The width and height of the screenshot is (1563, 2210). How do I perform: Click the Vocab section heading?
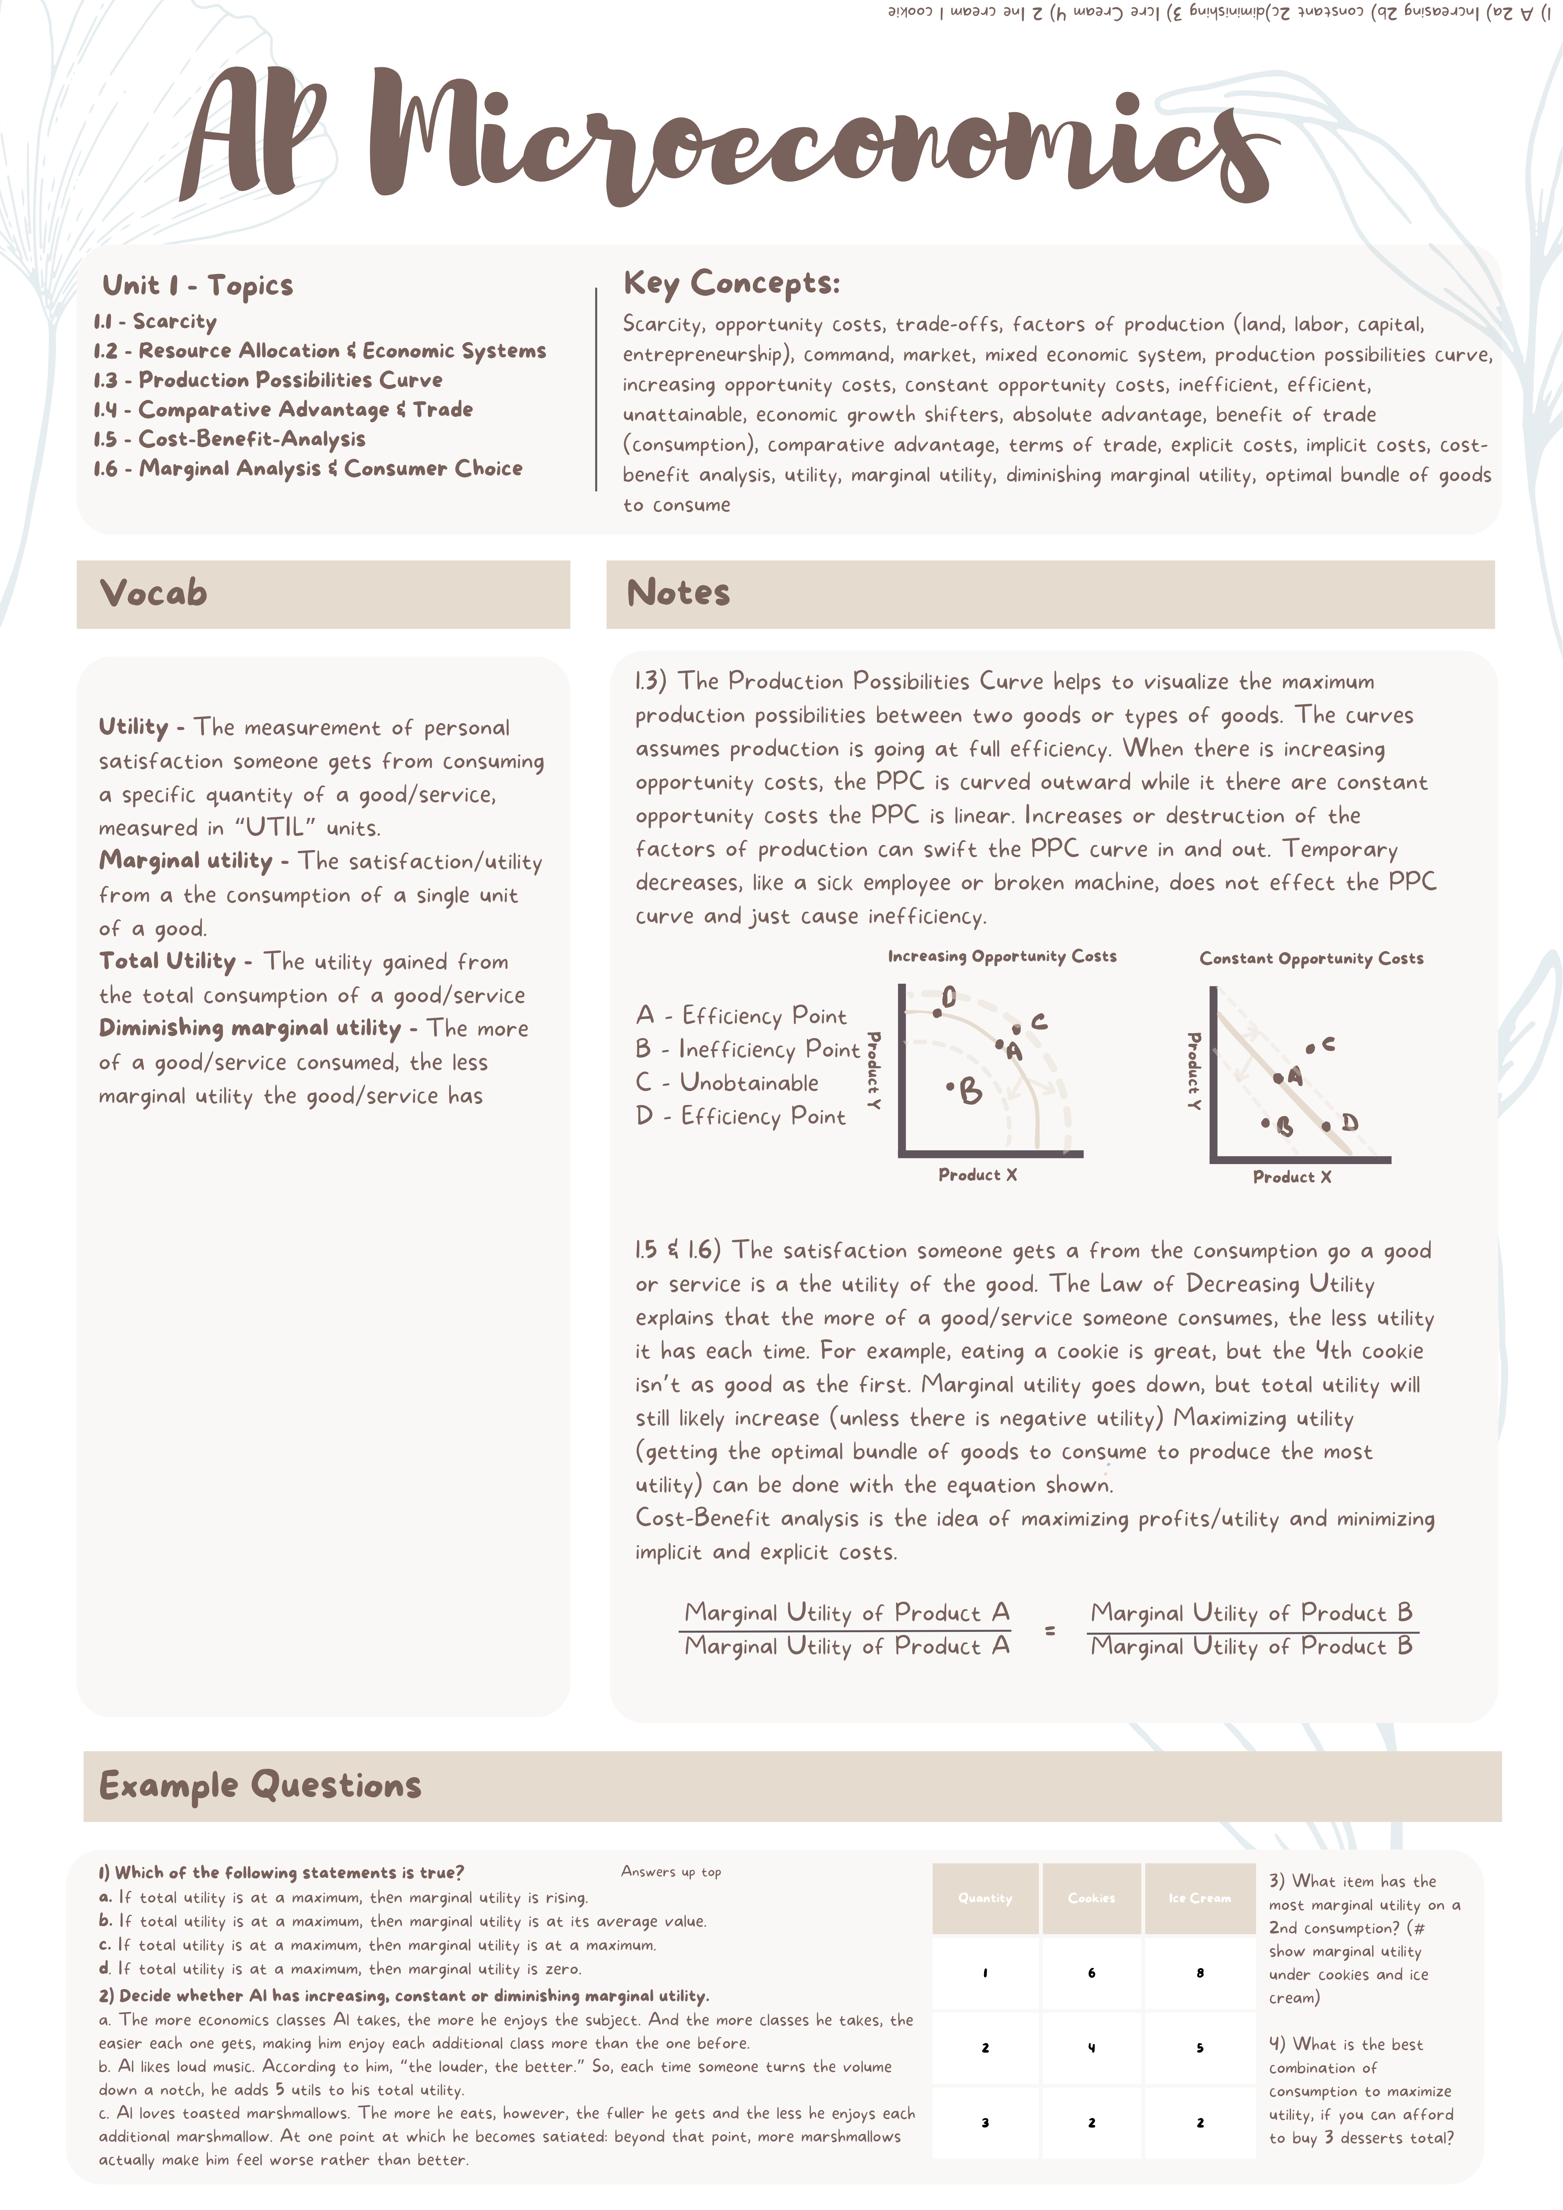tap(154, 593)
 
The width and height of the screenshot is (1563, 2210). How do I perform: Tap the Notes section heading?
tap(679, 593)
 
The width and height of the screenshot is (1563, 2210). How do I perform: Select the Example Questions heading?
tap(260, 1786)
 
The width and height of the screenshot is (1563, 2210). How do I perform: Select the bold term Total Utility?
tap(168, 961)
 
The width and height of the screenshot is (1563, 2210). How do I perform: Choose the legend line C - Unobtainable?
tap(728, 1083)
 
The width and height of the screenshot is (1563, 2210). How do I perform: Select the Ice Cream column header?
tap(1199, 1898)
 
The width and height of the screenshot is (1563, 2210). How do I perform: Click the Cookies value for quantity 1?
tap(1091, 1972)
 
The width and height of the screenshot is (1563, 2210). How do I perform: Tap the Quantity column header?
tap(984, 1898)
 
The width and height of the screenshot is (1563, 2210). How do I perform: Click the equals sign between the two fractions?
tap(1050, 1630)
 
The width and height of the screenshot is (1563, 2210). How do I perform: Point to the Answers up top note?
tap(671, 1872)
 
